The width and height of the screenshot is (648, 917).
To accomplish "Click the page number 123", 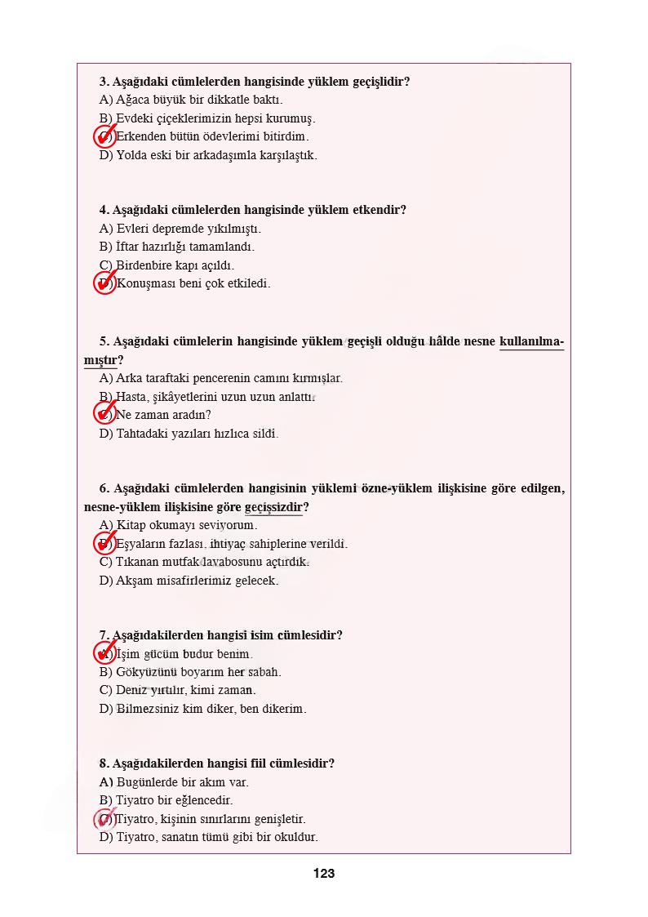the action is click(323, 874).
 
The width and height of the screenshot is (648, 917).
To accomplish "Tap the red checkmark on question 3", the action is click(105, 136).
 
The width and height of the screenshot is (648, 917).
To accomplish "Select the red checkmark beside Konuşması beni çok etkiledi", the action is click(105, 283).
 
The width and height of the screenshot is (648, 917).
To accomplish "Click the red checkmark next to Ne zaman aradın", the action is click(105, 414).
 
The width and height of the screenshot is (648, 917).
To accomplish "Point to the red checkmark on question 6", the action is click(105, 543).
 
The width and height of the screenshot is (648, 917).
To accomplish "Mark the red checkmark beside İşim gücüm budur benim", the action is click(105, 653).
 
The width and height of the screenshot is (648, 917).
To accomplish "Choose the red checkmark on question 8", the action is click(105, 818).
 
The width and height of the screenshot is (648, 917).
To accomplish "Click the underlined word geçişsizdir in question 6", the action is click(273, 507).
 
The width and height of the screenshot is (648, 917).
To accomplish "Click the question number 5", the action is click(104, 341).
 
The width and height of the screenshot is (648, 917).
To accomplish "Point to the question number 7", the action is click(104, 635).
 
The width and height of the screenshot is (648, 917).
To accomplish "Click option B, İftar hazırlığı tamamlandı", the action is click(177, 247).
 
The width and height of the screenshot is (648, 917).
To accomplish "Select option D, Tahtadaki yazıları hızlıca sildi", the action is click(189, 434).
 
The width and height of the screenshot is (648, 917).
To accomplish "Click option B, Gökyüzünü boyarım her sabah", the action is click(190, 672).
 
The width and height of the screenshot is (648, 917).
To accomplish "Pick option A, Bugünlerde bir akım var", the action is click(174, 782).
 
